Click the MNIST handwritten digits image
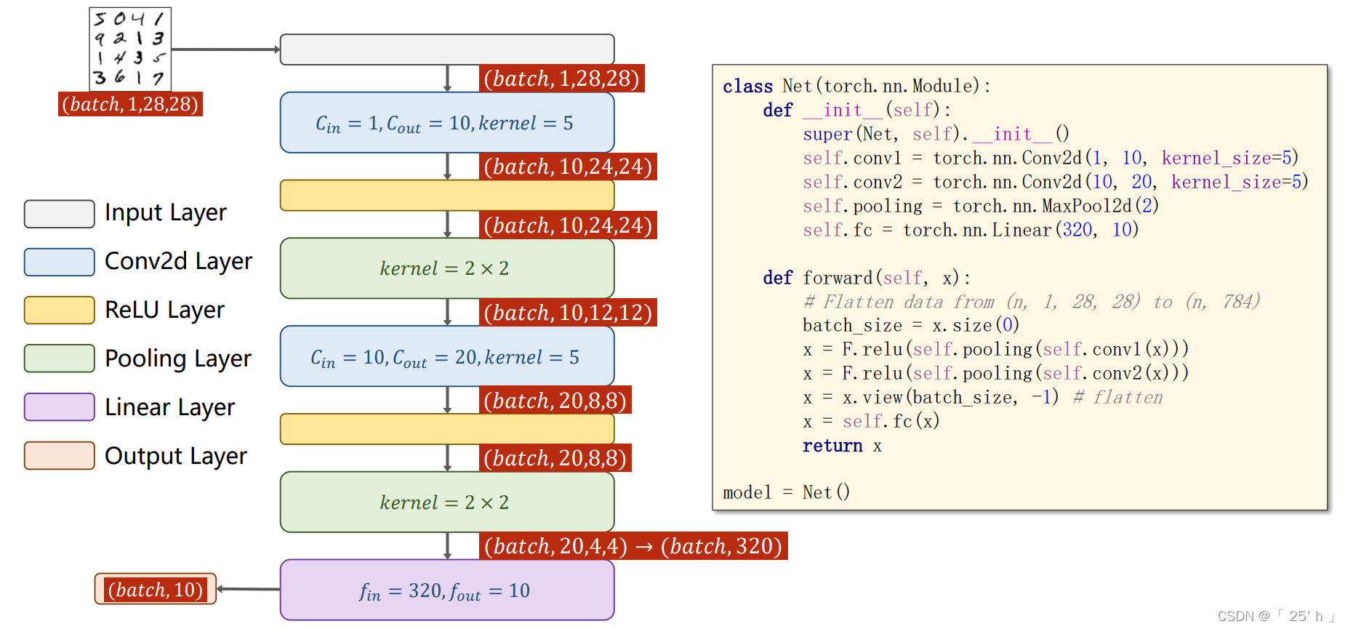[x=130, y=49]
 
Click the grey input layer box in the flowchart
[x=446, y=49]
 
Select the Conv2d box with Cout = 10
[x=446, y=122]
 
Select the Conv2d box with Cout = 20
[x=446, y=356]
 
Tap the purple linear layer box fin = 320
[x=446, y=590]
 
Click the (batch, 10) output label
[x=156, y=589]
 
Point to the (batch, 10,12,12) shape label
[x=568, y=313]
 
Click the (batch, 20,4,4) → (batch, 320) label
[x=633, y=546]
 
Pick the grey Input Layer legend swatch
[x=59, y=214]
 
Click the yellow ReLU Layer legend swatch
[x=59, y=310]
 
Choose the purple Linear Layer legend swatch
[x=59, y=407]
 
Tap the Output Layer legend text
[x=176, y=456]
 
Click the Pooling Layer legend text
[x=178, y=358]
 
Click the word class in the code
[x=747, y=87]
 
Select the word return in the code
[x=832, y=446]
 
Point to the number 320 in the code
[x=1077, y=231]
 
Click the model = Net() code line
[x=786, y=493]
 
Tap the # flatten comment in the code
[x=1118, y=398]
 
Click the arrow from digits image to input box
[x=225, y=49]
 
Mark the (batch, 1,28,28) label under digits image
[x=130, y=104]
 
